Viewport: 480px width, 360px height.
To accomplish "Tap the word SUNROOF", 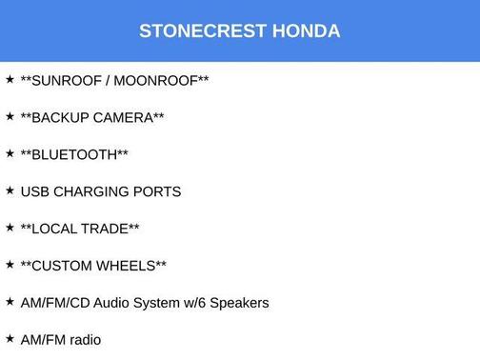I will click(x=67, y=80).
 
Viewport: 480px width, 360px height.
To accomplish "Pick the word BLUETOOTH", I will click(x=74, y=154).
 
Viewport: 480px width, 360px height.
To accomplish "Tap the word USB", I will click(x=35, y=191).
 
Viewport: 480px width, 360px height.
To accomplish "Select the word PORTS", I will click(x=158, y=191).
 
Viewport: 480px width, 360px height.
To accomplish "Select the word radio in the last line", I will click(x=83, y=340).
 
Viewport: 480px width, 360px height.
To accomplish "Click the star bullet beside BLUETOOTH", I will click(x=10, y=152).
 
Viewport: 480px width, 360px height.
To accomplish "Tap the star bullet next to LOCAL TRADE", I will click(x=10, y=227).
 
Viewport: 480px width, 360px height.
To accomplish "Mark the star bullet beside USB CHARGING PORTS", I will click(x=10, y=190).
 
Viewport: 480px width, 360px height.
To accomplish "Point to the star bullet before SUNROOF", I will click(x=10, y=78).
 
